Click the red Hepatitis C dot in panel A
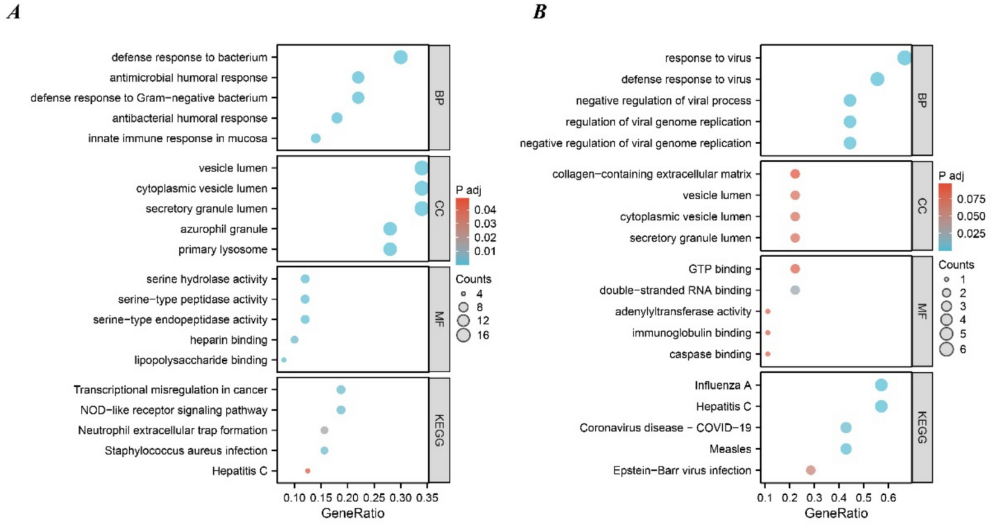point(307,471)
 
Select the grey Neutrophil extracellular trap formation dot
point(324,430)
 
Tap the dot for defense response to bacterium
point(400,57)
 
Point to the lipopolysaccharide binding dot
point(284,360)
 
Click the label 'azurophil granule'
point(223,229)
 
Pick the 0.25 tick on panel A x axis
point(374,498)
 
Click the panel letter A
point(13,12)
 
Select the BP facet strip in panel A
point(439,97)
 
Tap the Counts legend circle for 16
point(464,335)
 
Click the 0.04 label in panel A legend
point(485,210)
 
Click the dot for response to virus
point(904,58)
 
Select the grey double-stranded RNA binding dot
point(795,290)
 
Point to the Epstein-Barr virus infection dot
point(811,470)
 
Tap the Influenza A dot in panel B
point(881,385)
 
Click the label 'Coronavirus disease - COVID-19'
point(665,428)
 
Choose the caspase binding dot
point(767,354)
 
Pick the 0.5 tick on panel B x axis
point(863,498)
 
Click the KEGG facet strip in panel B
point(922,427)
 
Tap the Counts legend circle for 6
point(946,349)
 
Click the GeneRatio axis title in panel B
point(836,514)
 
